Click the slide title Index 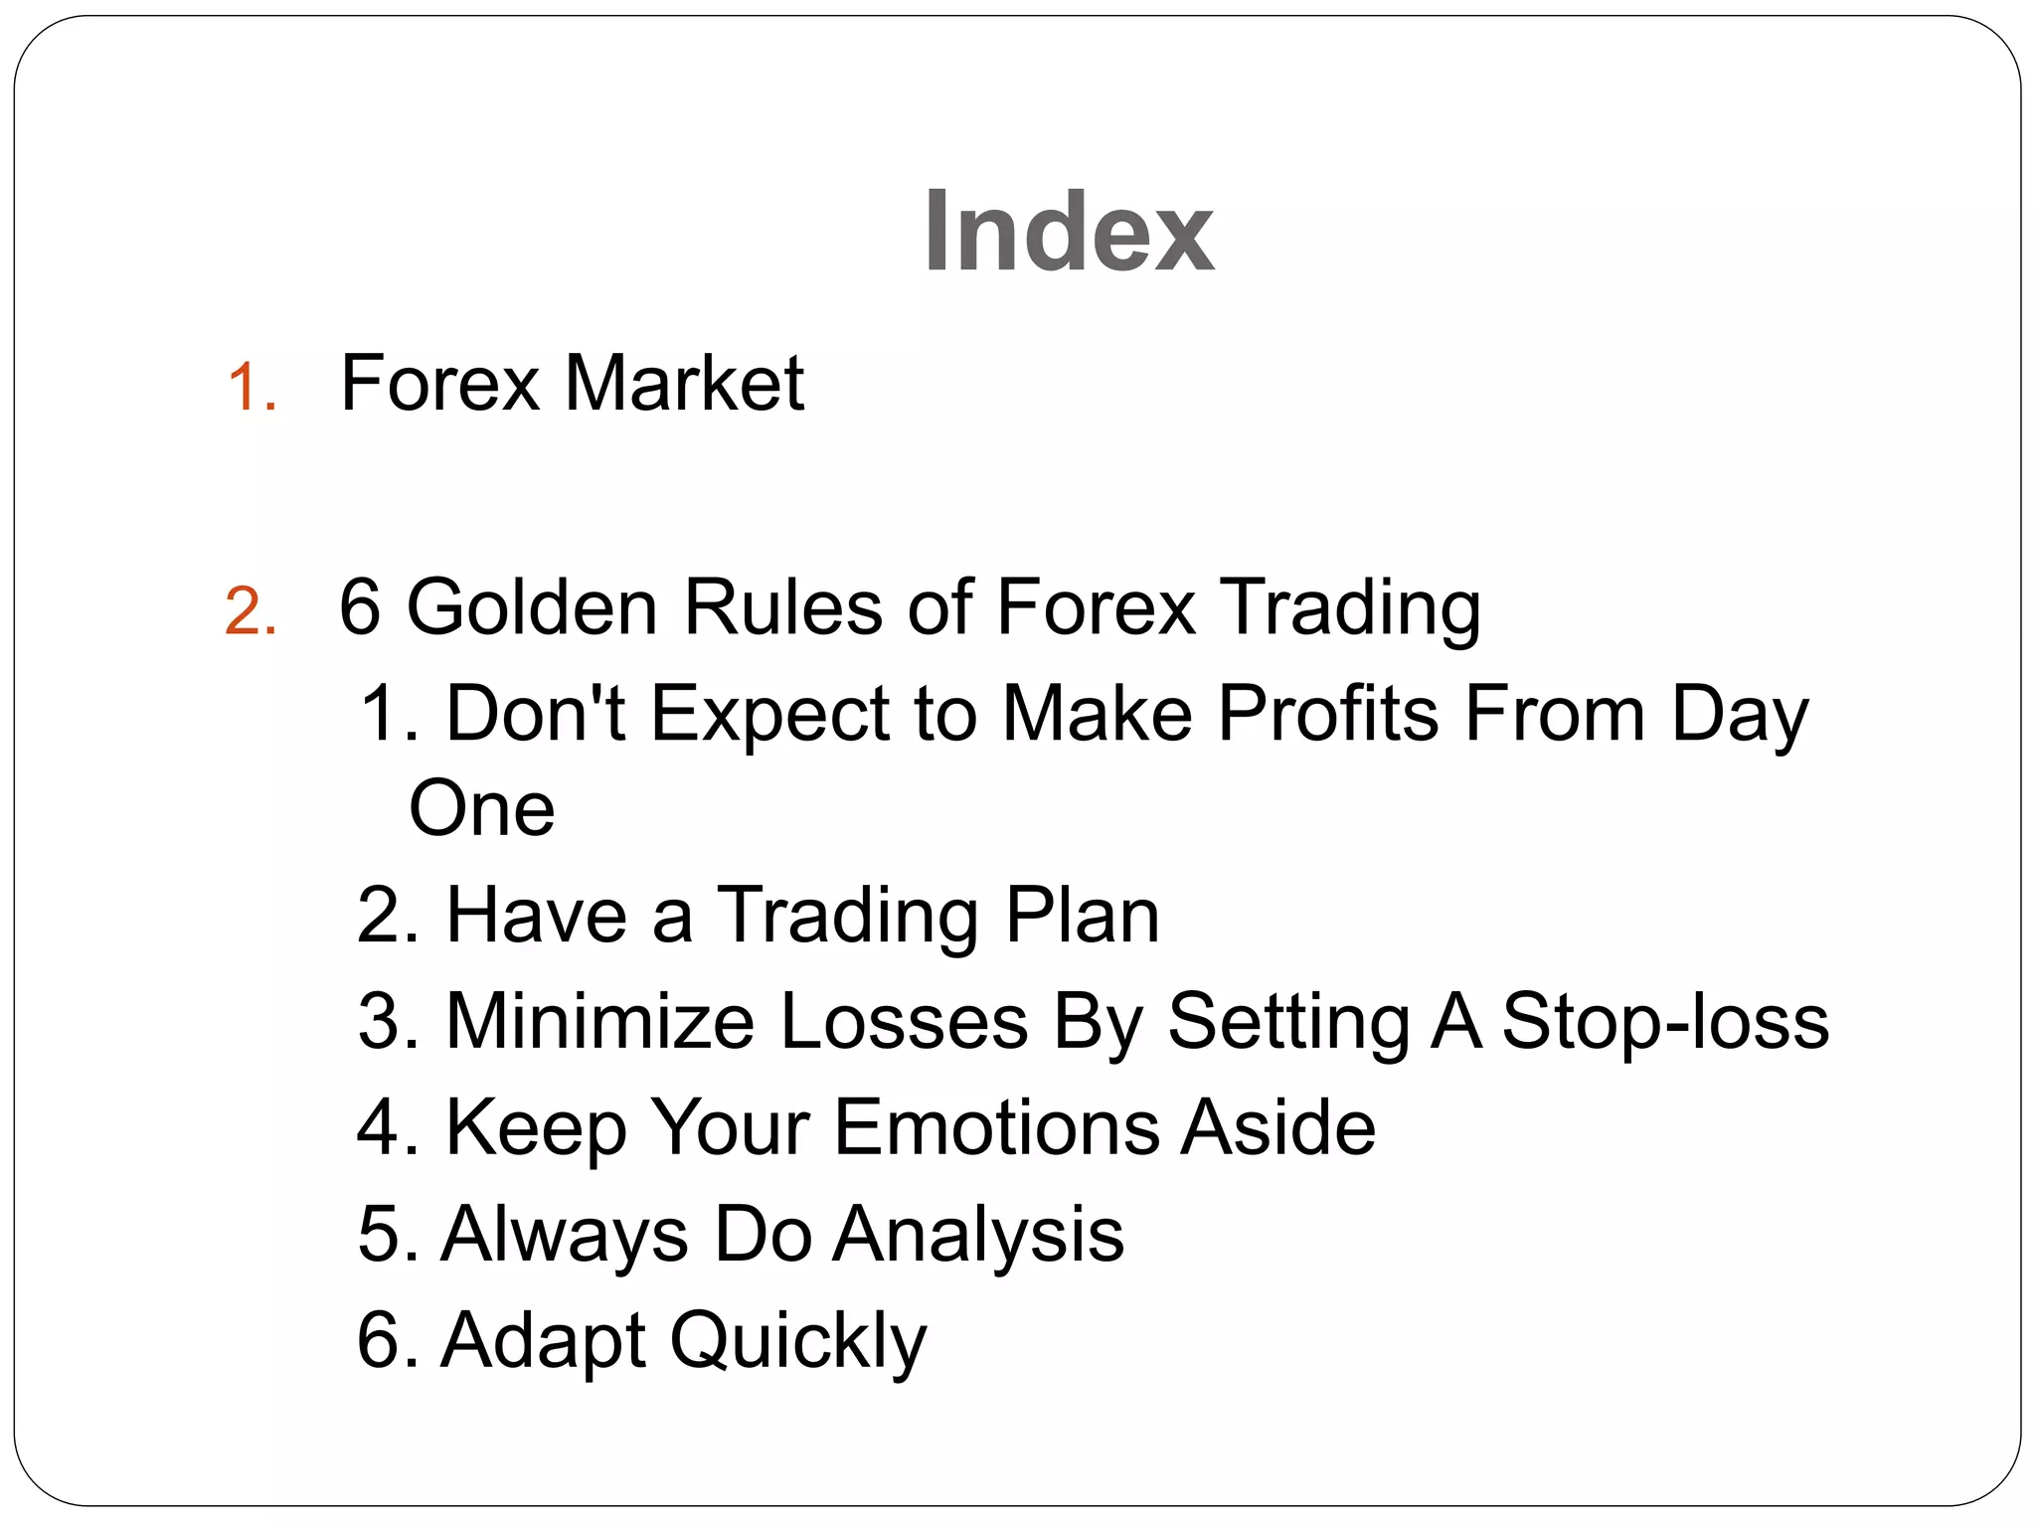click(1068, 232)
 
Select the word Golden click(532, 606)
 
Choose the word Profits click(1328, 713)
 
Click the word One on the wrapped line click(482, 808)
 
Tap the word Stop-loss click(1665, 1021)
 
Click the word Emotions click(996, 1127)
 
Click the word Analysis click(978, 1235)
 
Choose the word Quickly click(798, 1341)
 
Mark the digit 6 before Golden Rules click(360, 606)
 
